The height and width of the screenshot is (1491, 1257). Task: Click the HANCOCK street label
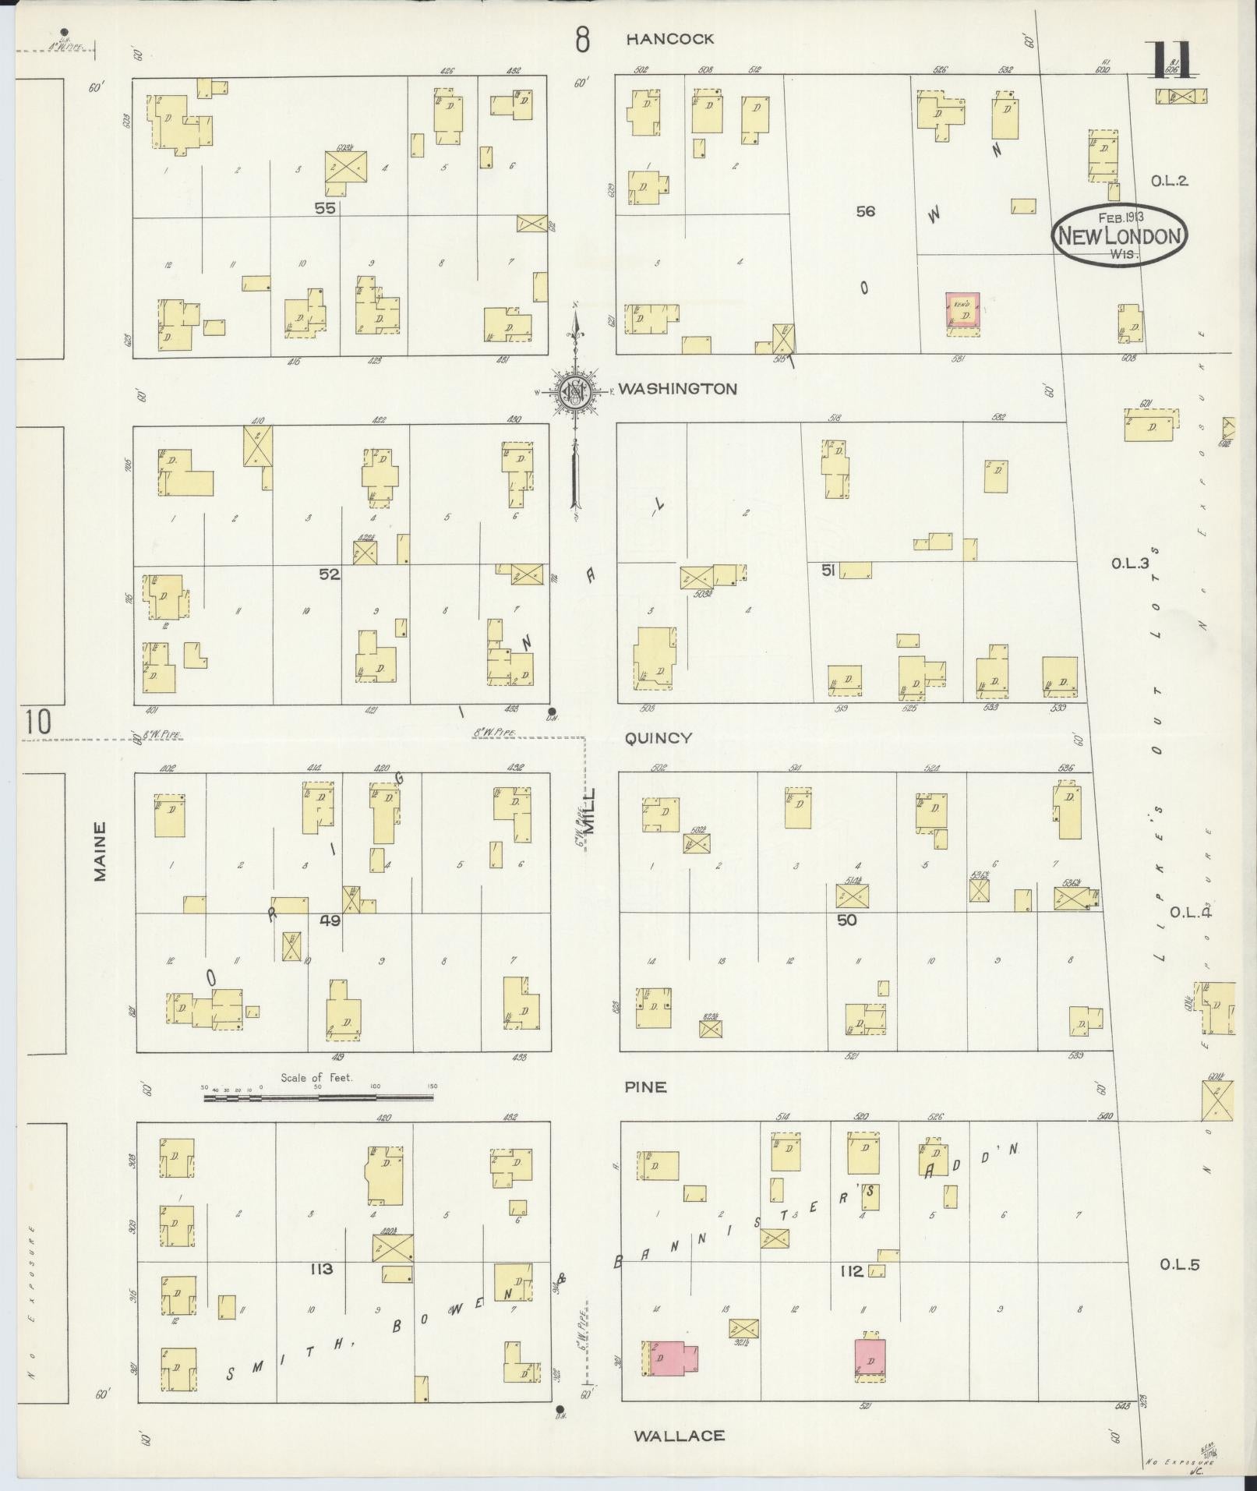tap(670, 39)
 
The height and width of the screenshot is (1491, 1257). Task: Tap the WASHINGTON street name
tap(677, 388)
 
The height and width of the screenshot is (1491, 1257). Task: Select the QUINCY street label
tap(659, 737)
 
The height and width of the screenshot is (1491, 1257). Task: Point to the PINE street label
tap(645, 1086)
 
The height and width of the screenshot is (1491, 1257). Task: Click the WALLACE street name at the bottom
tap(680, 1435)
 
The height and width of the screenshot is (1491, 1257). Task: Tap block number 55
tap(325, 208)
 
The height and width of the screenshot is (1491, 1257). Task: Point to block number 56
tap(865, 210)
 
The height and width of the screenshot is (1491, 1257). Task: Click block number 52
tap(330, 574)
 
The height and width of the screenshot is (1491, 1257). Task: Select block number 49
tap(330, 920)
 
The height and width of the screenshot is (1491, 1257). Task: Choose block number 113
tap(320, 1269)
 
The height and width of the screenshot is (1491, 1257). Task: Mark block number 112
tap(851, 1271)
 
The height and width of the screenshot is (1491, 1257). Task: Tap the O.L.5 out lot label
tap(1178, 1265)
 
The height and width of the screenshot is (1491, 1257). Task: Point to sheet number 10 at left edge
tap(37, 722)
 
